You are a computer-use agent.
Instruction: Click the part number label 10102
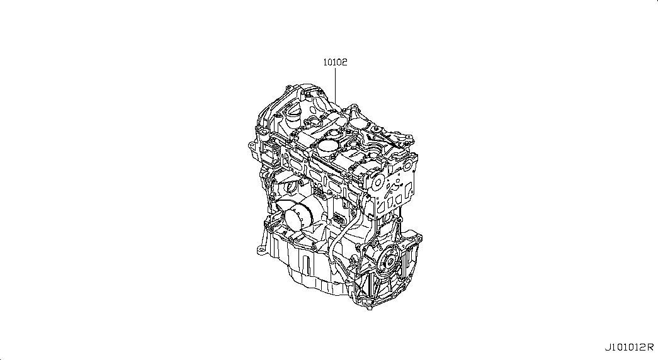point(335,62)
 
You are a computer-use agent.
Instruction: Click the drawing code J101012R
point(629,347)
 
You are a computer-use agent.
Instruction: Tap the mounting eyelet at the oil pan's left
point(261,250)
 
